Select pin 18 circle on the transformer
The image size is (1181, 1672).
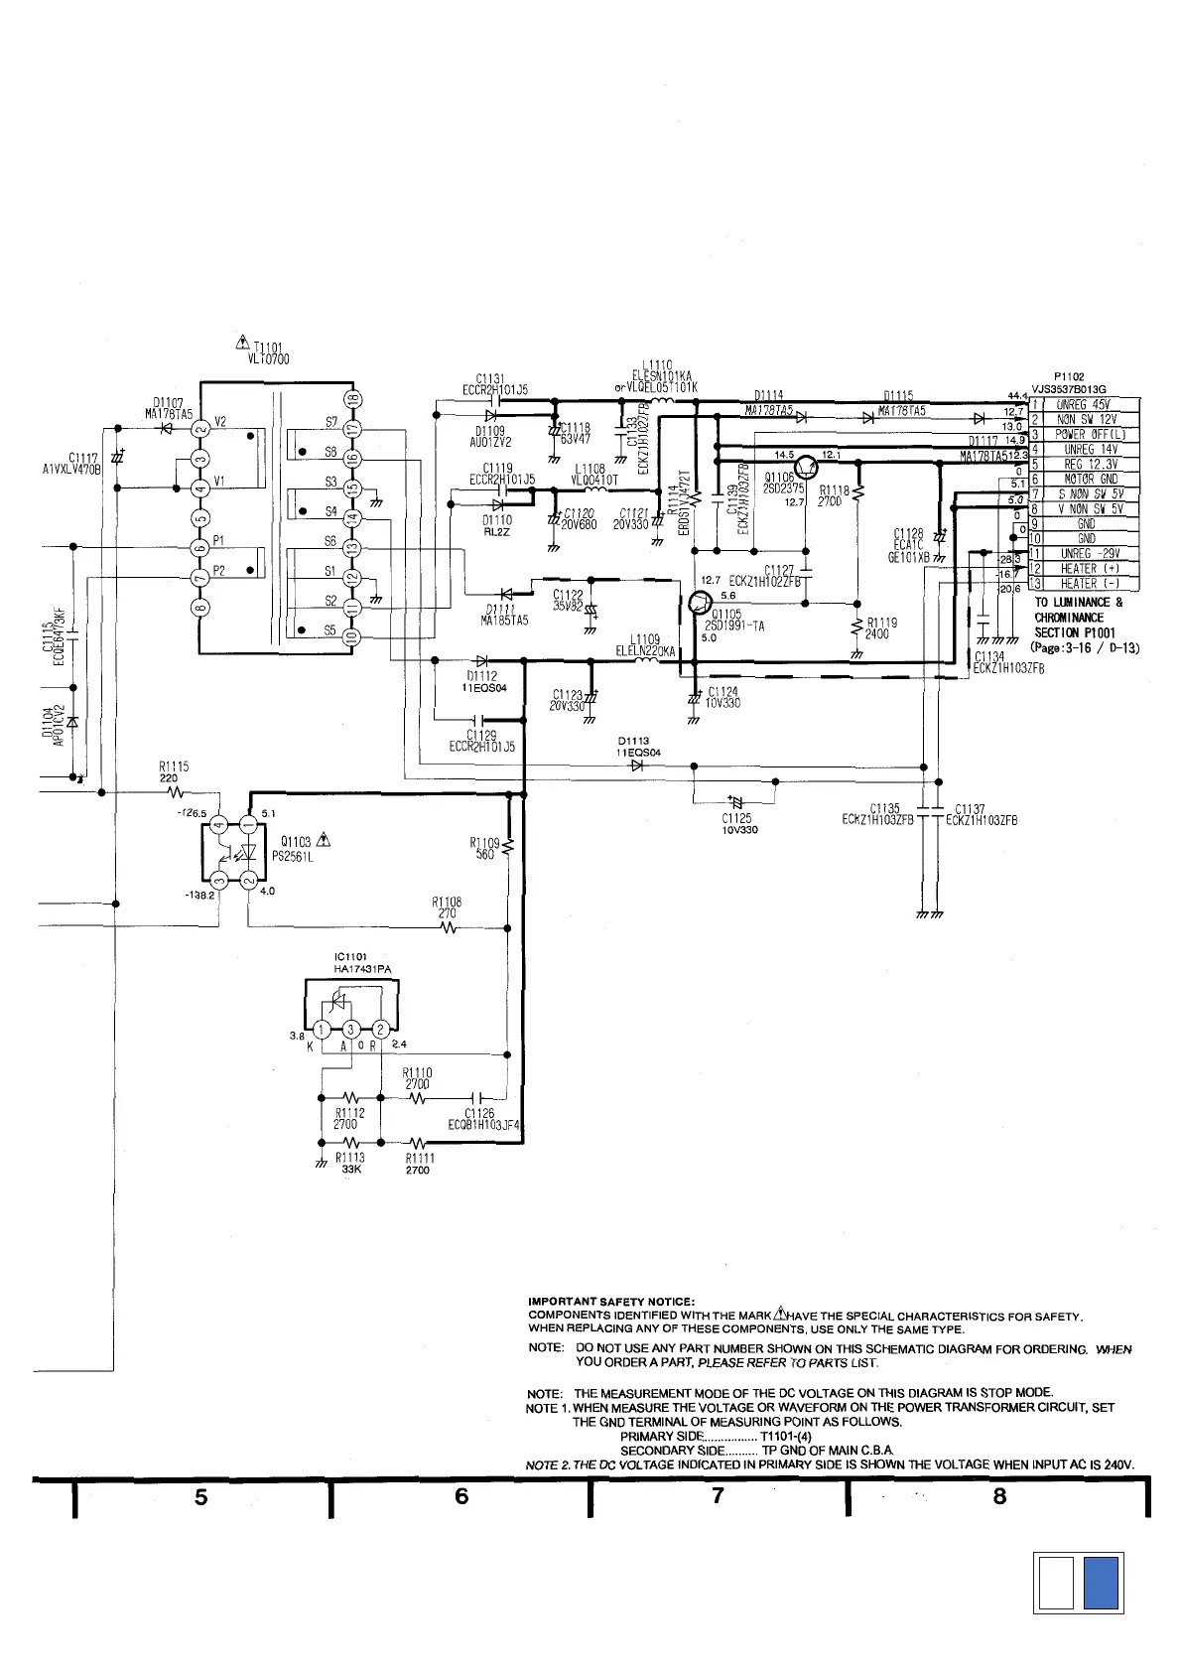(x=351, y=400)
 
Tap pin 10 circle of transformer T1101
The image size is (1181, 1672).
(x=351, y=637)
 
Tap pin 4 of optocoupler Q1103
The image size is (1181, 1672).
(x=219, y=825)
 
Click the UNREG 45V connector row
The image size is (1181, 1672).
(x=1086, y=405)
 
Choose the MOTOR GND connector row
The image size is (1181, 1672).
(x=1086, y=479)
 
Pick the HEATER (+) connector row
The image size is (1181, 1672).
(x=1086, y=569)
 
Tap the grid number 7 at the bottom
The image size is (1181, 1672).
(x=719, y=1496)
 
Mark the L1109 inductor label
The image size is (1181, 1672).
(x=645, y=645)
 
